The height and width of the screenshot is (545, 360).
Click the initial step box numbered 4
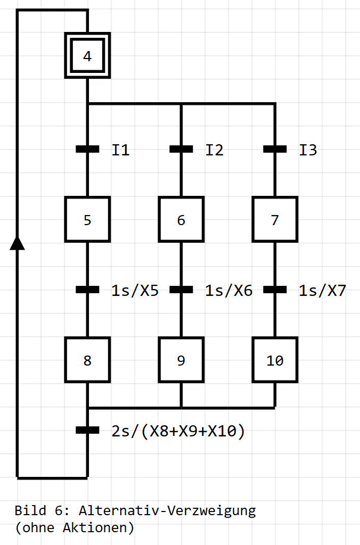coord(87,56)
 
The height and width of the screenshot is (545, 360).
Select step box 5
coord(87,219)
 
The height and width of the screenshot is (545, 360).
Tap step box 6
coord(181,219)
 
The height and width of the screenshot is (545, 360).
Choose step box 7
coord(275,219)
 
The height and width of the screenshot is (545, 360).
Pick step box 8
coord(87,360)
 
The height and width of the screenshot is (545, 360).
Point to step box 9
coord(181,360)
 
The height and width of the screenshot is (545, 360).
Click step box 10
coord(275,360)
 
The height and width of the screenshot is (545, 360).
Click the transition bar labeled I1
coord(87,150)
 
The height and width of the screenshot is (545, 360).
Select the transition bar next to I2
coord(181,150)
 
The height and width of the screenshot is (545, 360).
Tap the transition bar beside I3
coord(275,150)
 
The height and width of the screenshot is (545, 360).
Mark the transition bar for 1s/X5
coord(87,290)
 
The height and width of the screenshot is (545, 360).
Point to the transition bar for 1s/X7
coord(275,290)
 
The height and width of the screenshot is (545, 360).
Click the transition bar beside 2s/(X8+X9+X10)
coord(87,430)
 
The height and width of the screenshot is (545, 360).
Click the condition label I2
coord(215,150)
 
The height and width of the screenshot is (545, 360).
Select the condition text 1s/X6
coord(228,291)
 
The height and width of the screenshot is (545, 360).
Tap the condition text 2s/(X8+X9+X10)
coord(178,431)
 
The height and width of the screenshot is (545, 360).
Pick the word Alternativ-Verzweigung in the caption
coord(167,511)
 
